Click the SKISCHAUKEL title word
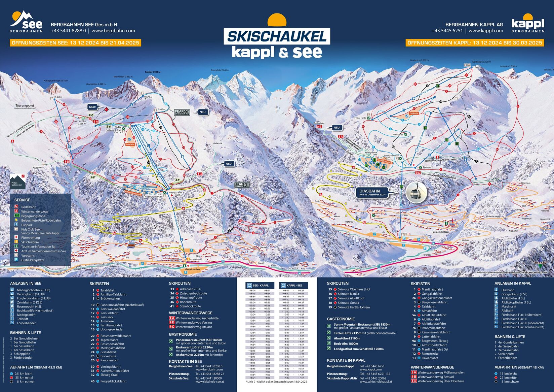(x=277, y=36)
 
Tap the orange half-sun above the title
(x=277, y=20)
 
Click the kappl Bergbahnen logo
(x=527, y=24)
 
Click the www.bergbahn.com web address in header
(x=113, y=31)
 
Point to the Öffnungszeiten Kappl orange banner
(x=475, y=43)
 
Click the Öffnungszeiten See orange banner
(x=75, y=43)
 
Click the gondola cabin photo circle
(x=417, y=192)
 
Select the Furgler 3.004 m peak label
(x=153, y=72)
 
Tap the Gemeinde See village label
(x=192, y=269)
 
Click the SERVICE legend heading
(x=22, y=200)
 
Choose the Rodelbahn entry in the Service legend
(x=29, y=207)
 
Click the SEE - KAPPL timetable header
(x=260, y=285)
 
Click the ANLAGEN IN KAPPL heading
(x=513, y=284)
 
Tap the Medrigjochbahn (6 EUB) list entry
(x=33, y=290)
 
